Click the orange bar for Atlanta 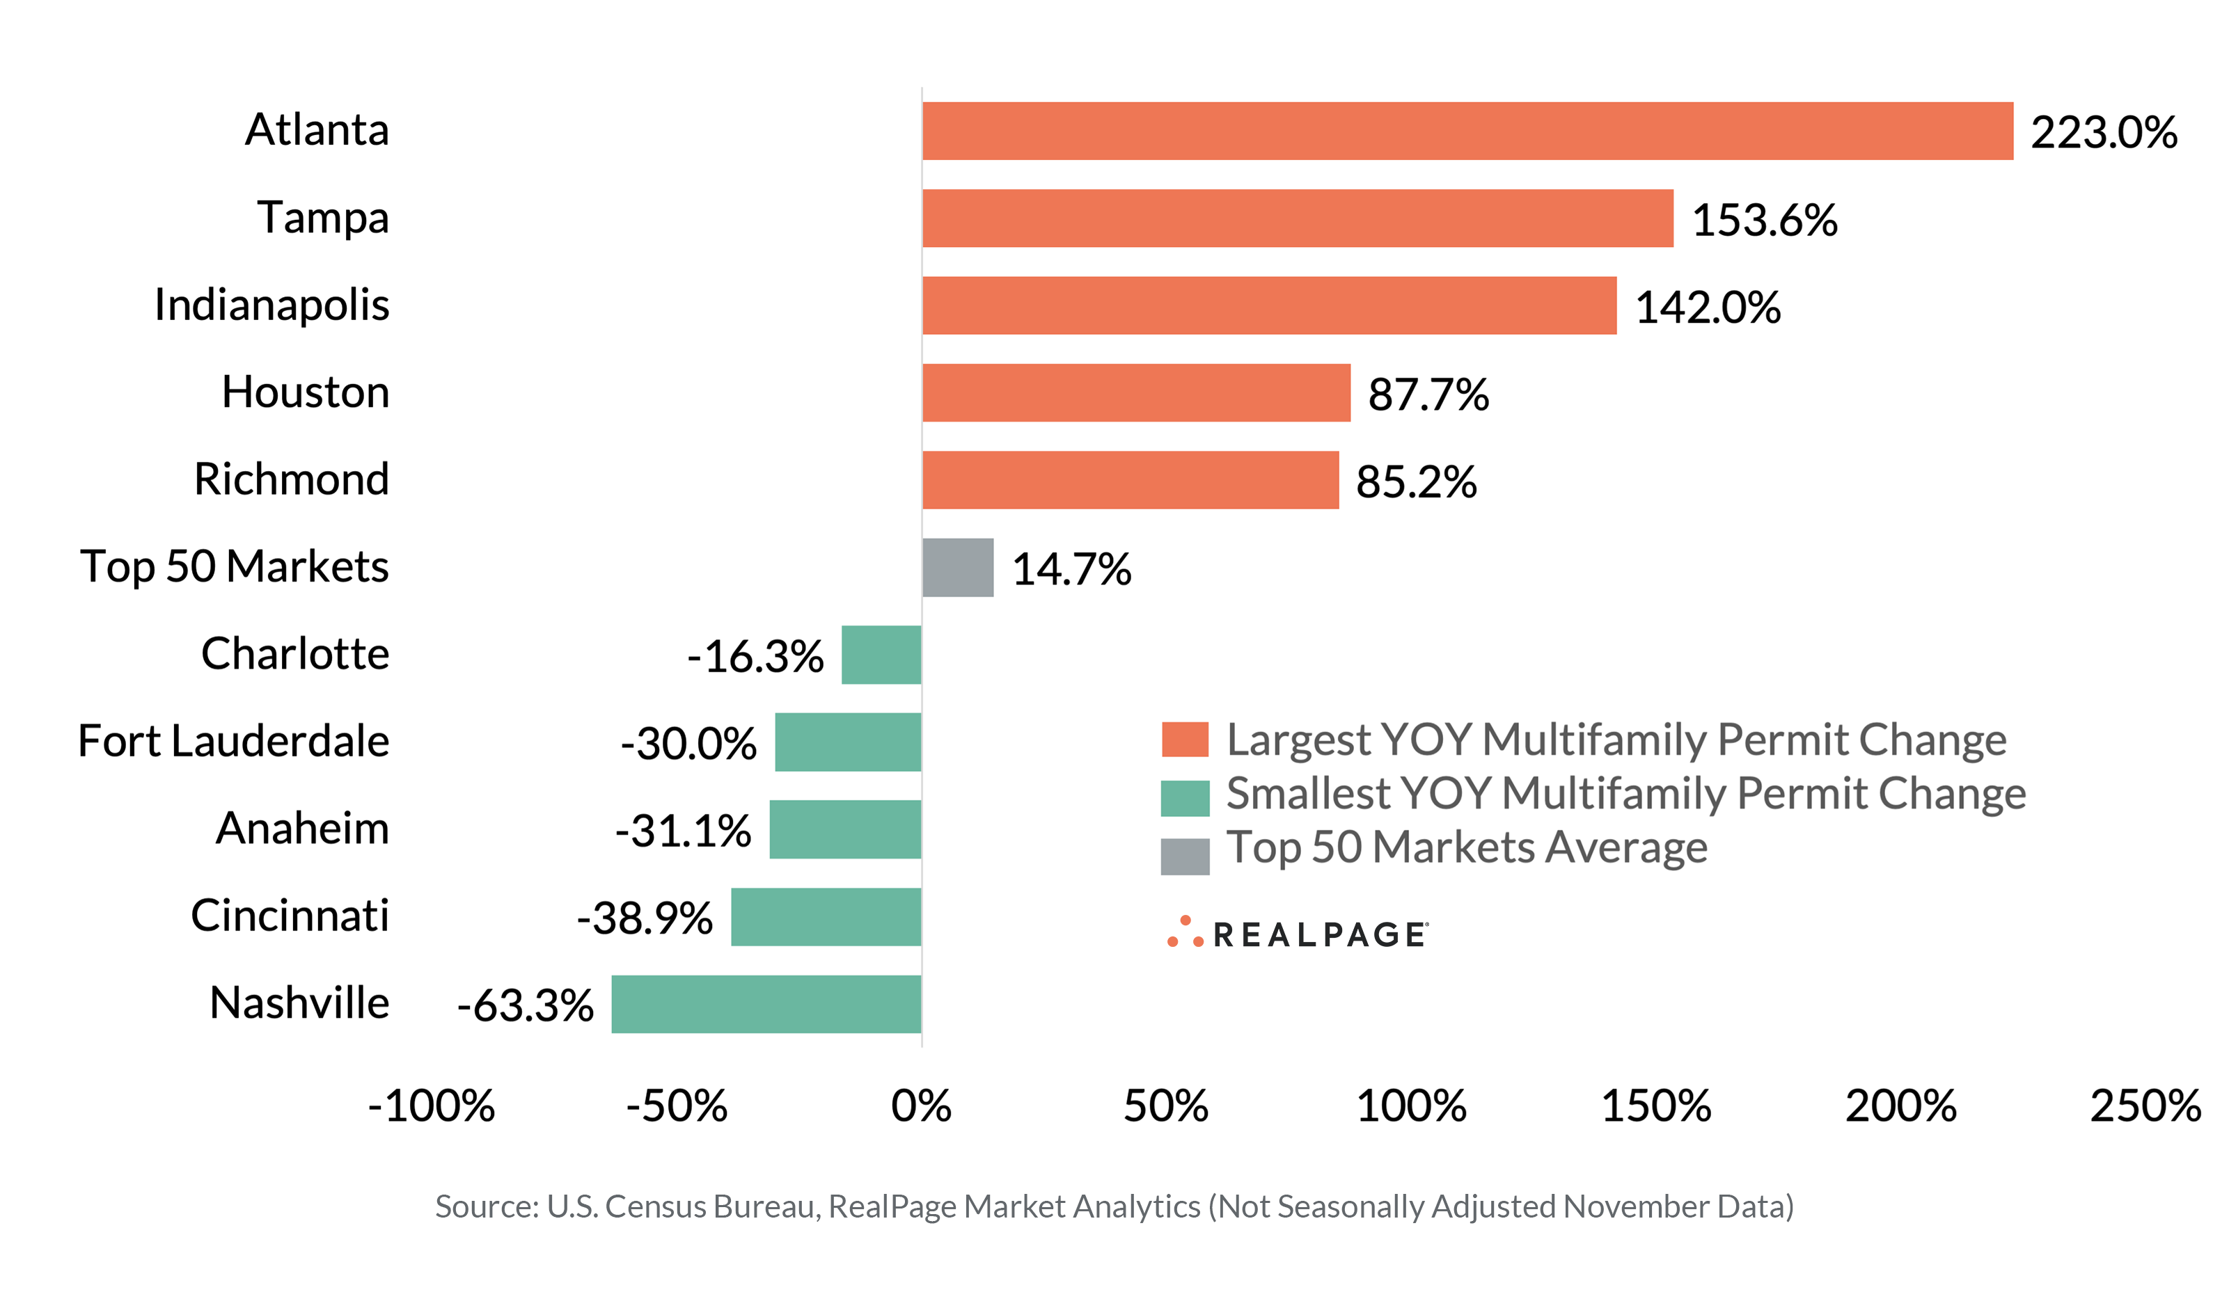(1467, 131)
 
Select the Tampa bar (1297, 218)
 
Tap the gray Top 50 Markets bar (957, 568)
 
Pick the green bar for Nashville (766, 1004)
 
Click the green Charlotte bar (881, 655)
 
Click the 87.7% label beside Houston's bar (1428, 394)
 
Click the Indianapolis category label (271, 305)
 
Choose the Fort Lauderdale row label (233, 741)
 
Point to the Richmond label (291, 479)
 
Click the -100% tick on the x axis (432, 1106)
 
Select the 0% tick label (921, 1106)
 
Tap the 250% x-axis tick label (2145, 1106)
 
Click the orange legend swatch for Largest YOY (1184, 740)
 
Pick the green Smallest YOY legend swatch (1184, 797)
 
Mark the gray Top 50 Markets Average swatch (1184, 856)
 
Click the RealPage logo (1297, 934)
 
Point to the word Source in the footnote (485, 1206)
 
